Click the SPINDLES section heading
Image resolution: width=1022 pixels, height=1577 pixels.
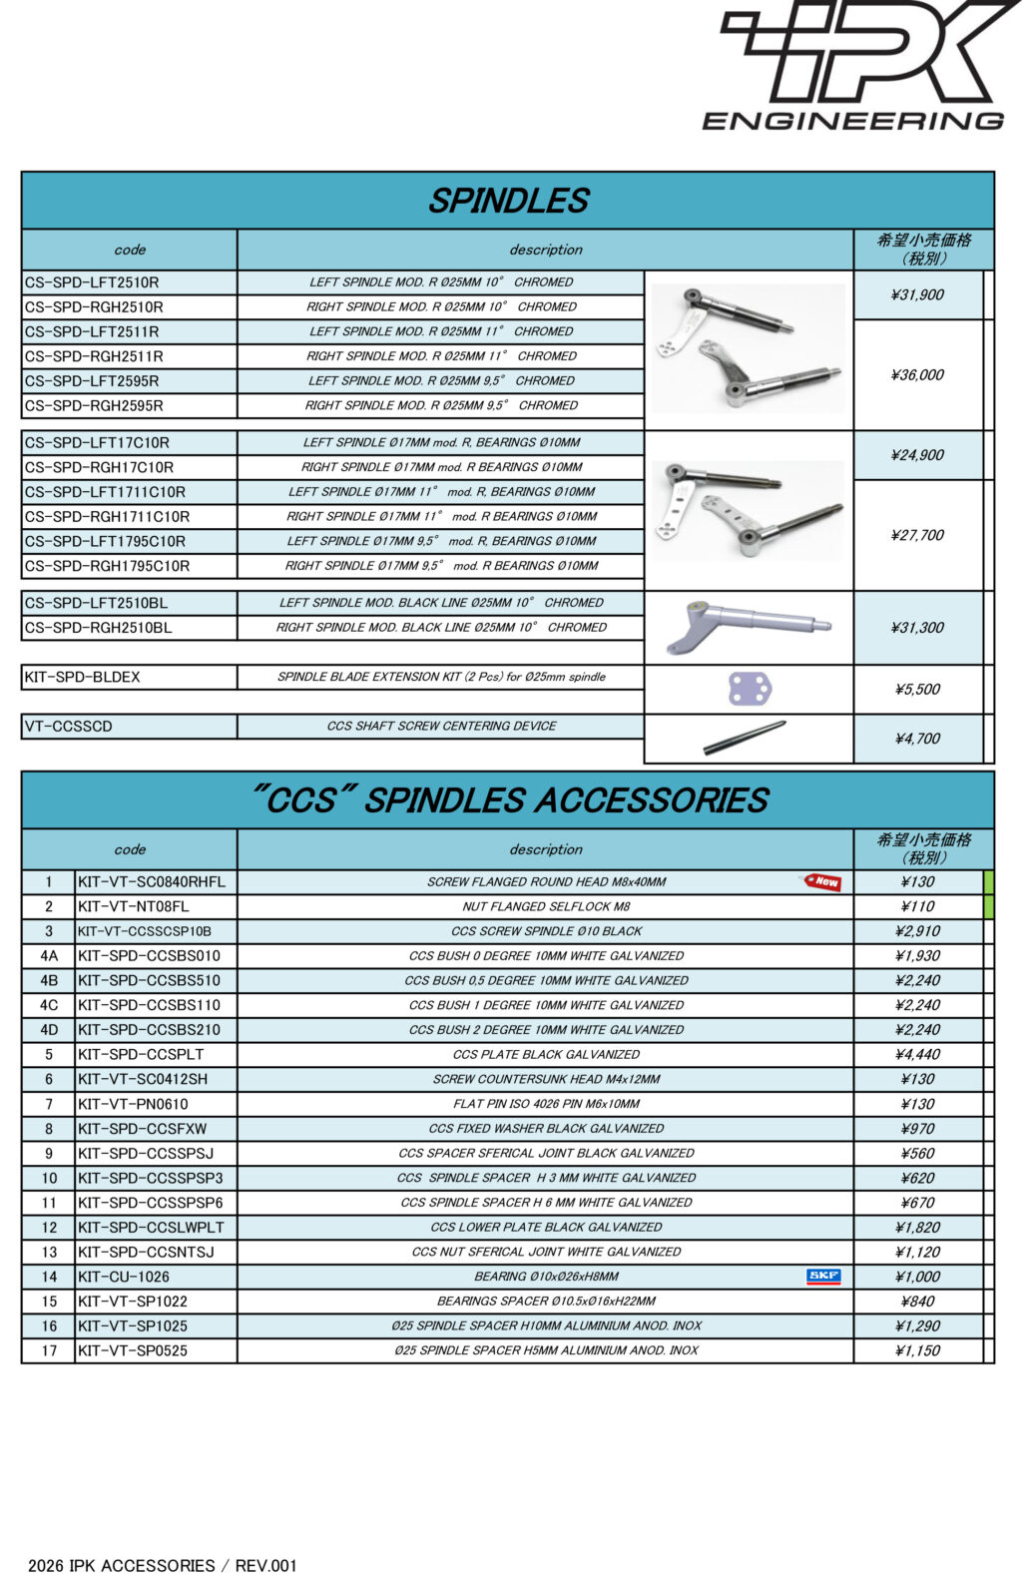click(508, 201)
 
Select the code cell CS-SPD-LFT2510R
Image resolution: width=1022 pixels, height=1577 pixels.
click(92, 282)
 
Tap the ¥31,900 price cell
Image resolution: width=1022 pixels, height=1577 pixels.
click(917, 294)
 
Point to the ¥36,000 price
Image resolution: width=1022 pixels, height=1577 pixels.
click(917, 375)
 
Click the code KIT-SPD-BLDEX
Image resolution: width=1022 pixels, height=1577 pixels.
click(83, 677)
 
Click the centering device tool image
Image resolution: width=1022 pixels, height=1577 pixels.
click(745, 738)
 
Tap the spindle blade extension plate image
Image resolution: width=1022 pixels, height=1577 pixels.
click(750, 689)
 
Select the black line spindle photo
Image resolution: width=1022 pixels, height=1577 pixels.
click(748, 627)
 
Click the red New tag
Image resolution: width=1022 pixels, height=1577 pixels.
click(823, 881)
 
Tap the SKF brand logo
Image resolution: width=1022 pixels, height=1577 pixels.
click(823, 1276)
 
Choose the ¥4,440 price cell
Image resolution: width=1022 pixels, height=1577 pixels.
click(917, 1054)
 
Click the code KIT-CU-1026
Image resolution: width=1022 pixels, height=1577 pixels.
click(124, 1277)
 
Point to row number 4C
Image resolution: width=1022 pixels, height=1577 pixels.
click(49, 1005)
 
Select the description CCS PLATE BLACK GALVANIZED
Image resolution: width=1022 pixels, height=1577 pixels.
click(546, 1054)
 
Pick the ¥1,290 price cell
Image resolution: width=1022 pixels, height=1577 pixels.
click(917, 1325)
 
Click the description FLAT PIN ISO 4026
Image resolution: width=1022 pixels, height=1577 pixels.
click(546, 1104)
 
